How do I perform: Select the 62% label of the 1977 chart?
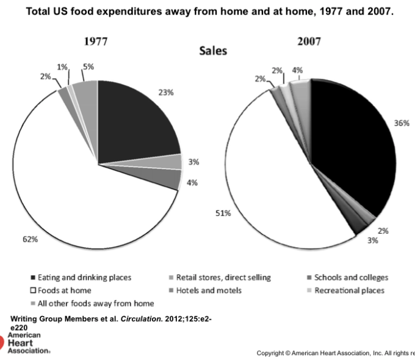[30, 239]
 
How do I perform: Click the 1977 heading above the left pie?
[96, 42]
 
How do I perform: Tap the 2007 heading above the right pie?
[309, 41]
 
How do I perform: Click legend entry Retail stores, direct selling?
[223, 278]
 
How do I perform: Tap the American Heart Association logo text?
[24, 342]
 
